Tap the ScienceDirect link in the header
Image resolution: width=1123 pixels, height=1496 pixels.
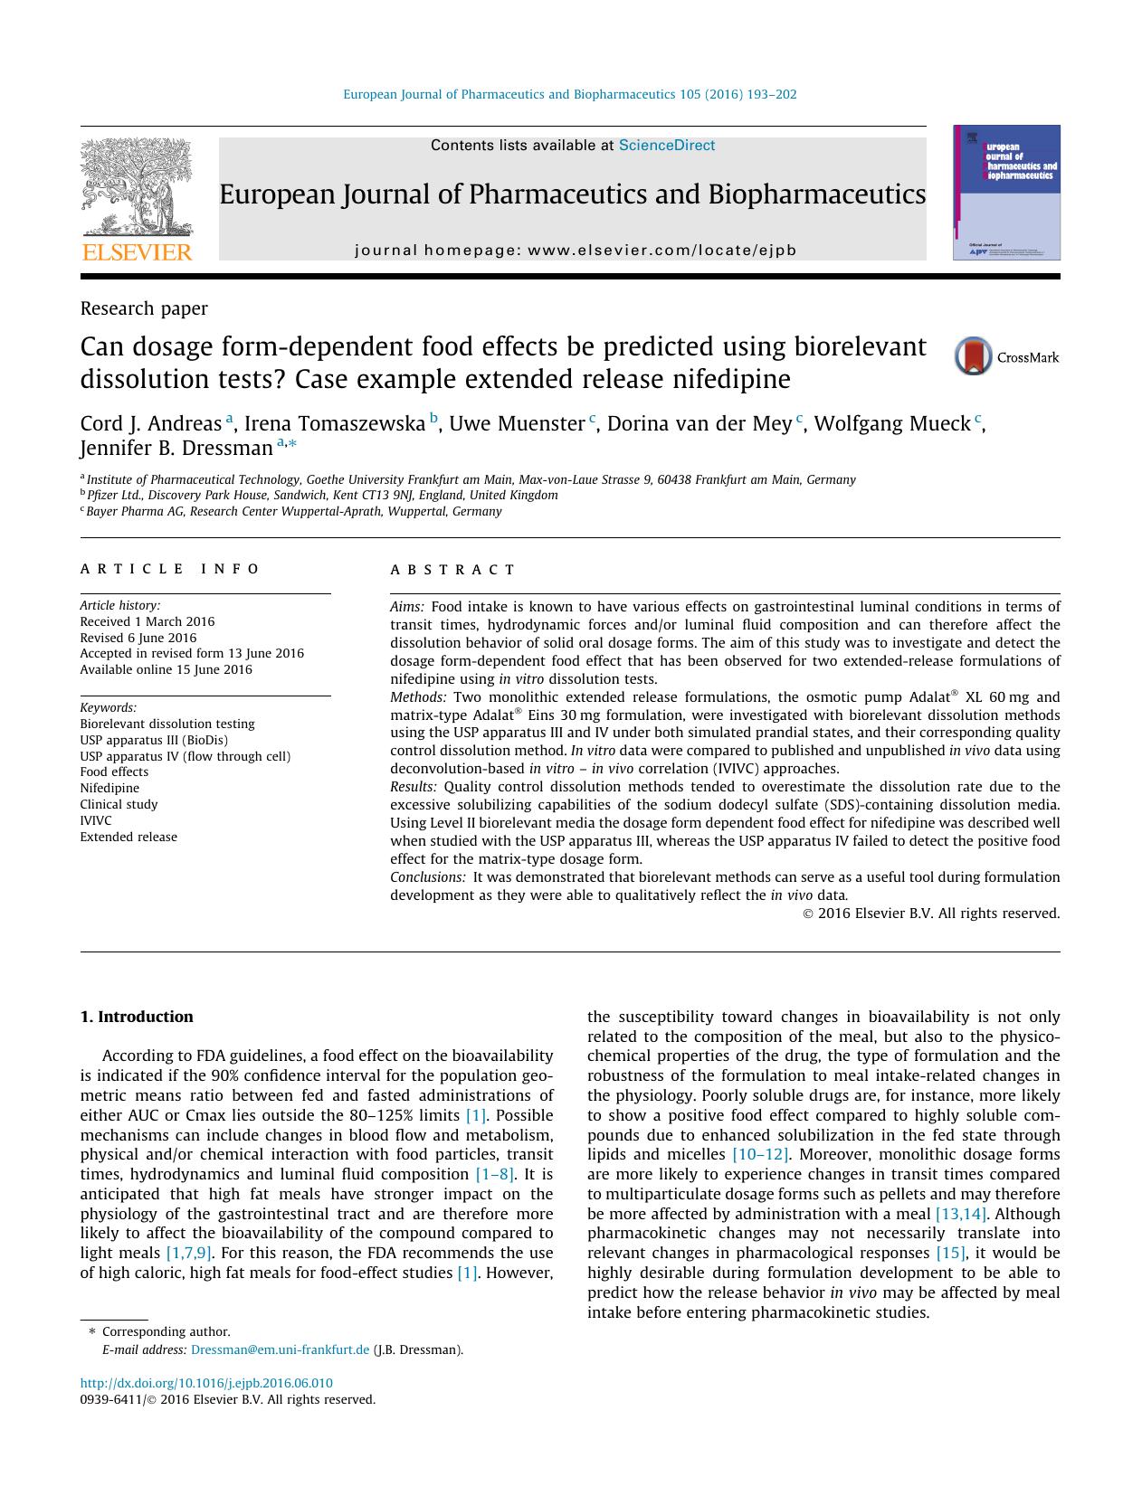(666, 146)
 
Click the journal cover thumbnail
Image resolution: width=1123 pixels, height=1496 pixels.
(1006, 193)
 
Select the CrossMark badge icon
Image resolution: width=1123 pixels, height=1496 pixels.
(974, 356)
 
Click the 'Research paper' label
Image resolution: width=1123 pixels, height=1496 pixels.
(144, 308)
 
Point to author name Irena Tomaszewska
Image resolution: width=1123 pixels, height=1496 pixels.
(334, 423)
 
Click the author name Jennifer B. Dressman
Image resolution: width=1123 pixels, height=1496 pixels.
(176, 448)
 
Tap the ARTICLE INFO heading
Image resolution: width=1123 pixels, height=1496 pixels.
(170, 569)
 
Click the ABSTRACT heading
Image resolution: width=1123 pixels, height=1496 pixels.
(452, 570)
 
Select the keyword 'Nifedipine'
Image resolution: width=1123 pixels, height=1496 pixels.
(109, 788)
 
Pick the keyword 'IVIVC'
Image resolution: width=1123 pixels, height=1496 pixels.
(96, 820)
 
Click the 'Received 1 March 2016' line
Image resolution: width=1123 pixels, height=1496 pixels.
(148, 621)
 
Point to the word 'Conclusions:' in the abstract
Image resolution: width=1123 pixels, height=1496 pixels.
(428, 876)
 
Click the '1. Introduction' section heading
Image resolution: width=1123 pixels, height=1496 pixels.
(137, 1017)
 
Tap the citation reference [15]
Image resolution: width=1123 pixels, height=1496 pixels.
(950, 1253)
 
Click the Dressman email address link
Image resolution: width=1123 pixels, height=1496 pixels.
(281, 1349)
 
